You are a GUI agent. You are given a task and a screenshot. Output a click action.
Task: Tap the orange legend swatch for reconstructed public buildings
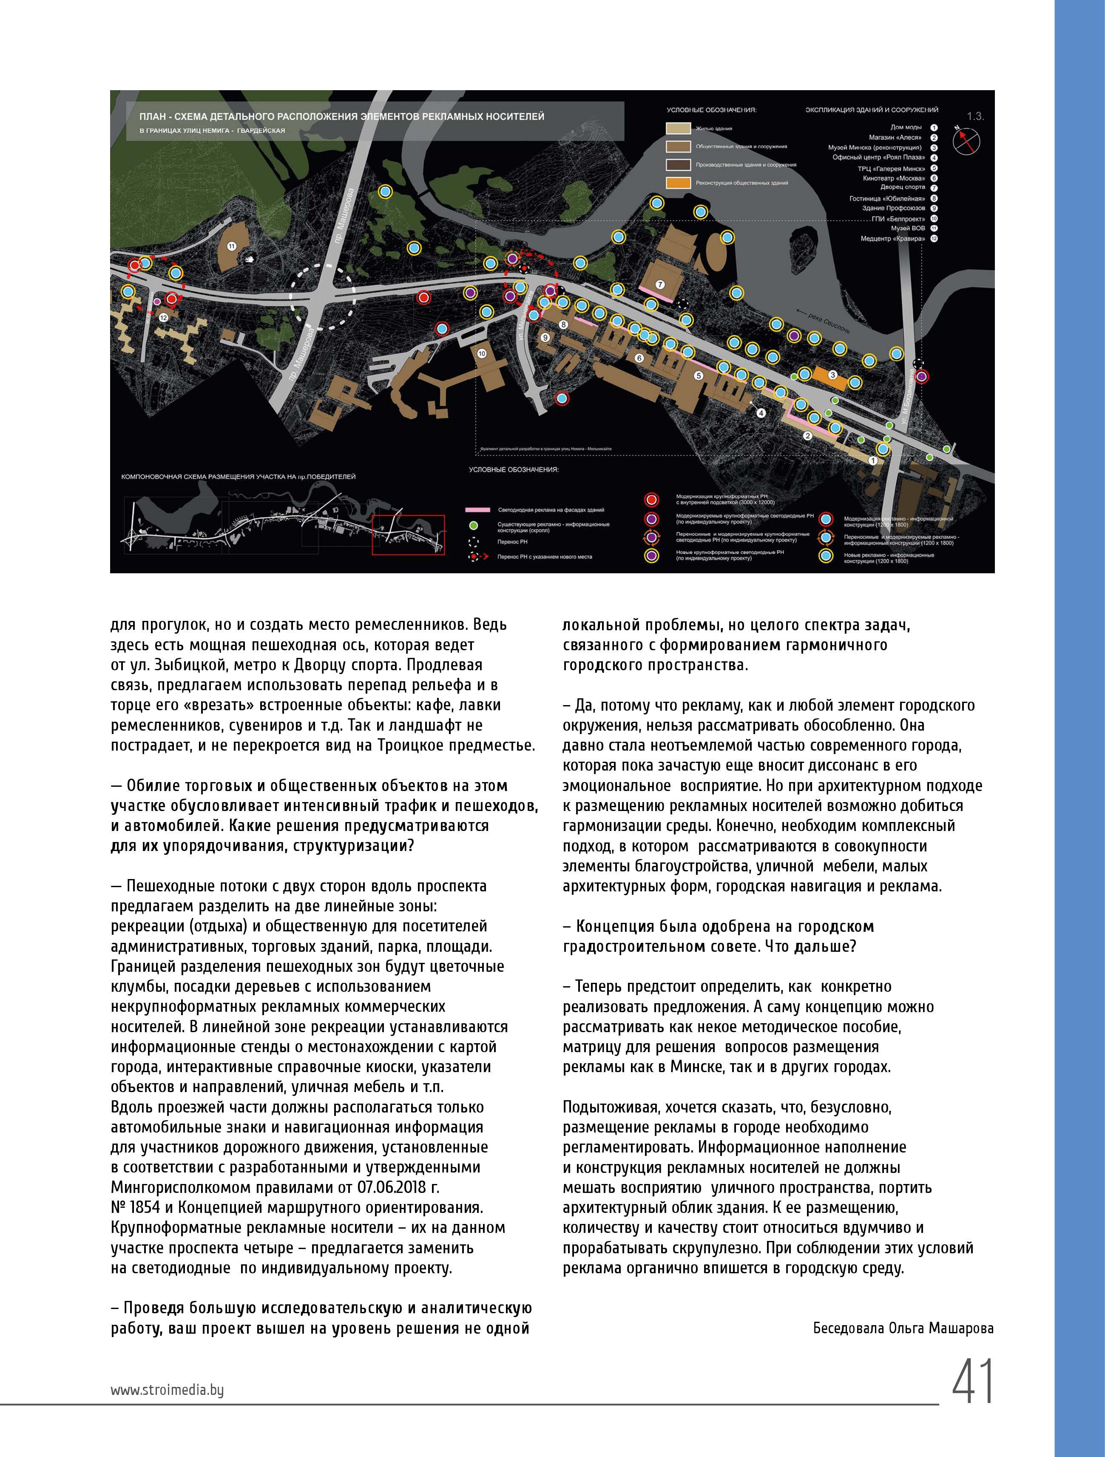tap(678, 182)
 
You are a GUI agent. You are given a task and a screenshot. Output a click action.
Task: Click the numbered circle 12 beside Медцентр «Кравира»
tap(934, 239)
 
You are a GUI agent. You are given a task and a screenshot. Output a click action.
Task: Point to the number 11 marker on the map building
tap(231, 246)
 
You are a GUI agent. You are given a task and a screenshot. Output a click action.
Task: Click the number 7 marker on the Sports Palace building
tap(661, 285)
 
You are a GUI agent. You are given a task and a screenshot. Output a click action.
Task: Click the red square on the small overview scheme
tap(408, 534)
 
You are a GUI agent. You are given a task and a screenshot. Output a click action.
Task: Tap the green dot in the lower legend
tap(472, 525)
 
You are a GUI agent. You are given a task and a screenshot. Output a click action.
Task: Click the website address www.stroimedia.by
tap(167, 1390)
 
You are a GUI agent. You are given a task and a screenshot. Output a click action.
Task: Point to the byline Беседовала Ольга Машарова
tap(903, 1329)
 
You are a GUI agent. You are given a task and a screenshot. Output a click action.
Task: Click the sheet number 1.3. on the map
tap(975, 117)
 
